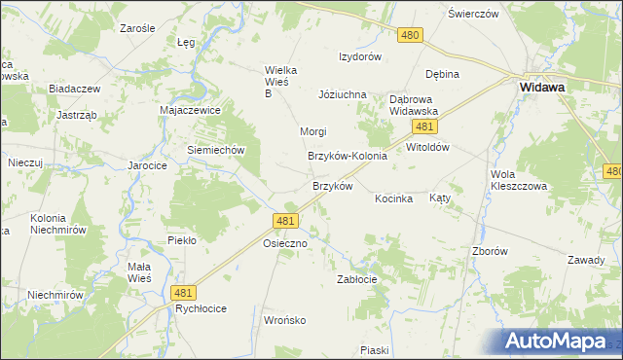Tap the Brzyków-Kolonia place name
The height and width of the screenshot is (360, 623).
coord(348,156)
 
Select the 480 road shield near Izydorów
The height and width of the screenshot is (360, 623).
coord(410,35)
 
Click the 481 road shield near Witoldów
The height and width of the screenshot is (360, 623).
coord(422,127)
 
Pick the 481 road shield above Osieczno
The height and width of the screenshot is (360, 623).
coord(285,222)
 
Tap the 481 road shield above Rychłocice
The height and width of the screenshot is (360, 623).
coord(182,292)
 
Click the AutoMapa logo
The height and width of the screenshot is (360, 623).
coord(561,342)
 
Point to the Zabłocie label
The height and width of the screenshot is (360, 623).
coord(356,278)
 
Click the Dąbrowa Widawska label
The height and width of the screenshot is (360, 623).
coord(414,105)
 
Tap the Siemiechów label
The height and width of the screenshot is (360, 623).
coord(214,151)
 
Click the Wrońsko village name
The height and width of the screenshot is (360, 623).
coord(285,319)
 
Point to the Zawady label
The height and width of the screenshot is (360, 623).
coord(587,261)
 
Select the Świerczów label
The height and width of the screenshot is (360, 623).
coord(473,14)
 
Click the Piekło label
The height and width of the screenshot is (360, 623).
coord(182,239)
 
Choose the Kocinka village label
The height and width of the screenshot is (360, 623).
coord(394,198)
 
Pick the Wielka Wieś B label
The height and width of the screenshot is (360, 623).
coord(281,82)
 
